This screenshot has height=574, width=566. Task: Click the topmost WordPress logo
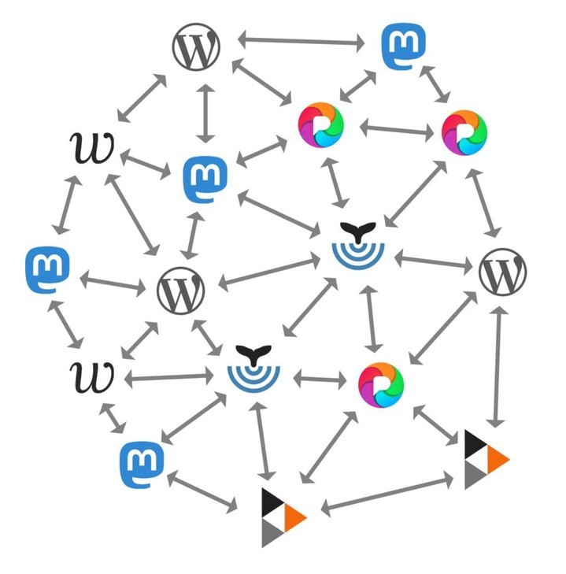coord(196,50)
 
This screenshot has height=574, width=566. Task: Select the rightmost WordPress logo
coord(502,272)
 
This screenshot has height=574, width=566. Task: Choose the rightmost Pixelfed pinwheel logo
coord(464,131)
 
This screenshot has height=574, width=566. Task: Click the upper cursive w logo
coord(93,147)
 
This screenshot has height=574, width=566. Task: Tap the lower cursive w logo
coord(93,376)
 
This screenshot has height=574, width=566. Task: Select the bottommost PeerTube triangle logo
coord(282,517)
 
